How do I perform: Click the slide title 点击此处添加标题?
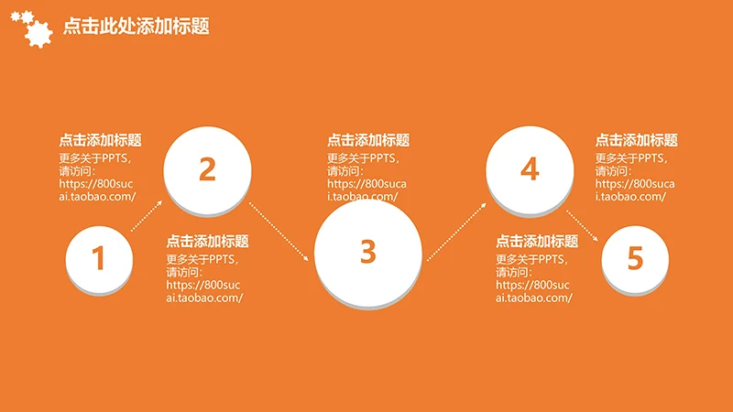137,27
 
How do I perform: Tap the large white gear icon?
37,33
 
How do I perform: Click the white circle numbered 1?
98,258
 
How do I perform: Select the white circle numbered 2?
207,168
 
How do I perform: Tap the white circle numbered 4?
529,168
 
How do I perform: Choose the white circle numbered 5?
635,259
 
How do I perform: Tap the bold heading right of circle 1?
207,242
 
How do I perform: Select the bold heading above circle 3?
368,140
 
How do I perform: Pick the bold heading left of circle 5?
537,242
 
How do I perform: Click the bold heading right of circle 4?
637,140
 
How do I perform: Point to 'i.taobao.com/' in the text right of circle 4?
630,196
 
